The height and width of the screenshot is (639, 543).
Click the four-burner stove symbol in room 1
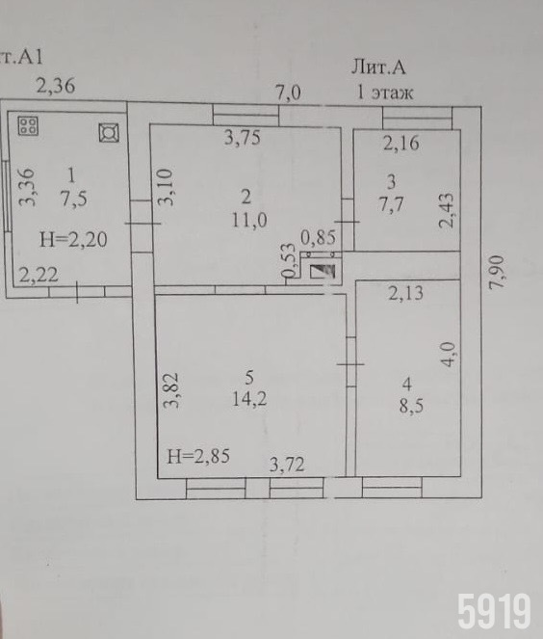(28, 125)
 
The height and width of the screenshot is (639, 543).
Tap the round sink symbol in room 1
(109, 132)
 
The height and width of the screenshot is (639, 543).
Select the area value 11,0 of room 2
(249, 221)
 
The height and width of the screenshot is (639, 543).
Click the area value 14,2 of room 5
(249, 398)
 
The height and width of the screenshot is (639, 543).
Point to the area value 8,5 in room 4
(411, 406)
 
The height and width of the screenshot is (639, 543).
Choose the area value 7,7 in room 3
(391, 203)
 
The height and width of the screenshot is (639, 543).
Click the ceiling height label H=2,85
(198, 456)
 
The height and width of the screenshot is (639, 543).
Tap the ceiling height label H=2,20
(73, 239)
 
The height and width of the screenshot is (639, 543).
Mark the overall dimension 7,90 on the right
(497, 272)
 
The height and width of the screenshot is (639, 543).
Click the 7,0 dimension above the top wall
(288, 93)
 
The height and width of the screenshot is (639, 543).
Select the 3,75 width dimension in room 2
(243, 137)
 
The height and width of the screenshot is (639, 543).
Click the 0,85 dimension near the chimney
(319, 237)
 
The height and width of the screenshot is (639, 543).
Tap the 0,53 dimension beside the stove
(288, 260)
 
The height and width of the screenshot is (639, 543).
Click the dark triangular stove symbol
(323, 272)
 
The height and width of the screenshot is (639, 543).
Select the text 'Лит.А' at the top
(378, 67)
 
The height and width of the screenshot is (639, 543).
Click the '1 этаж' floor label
(385, 93)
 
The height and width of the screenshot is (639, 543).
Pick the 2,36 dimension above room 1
(56, 86)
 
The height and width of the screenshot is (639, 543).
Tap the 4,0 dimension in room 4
(449, 355)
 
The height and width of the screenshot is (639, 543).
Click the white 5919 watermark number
(495, 611)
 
